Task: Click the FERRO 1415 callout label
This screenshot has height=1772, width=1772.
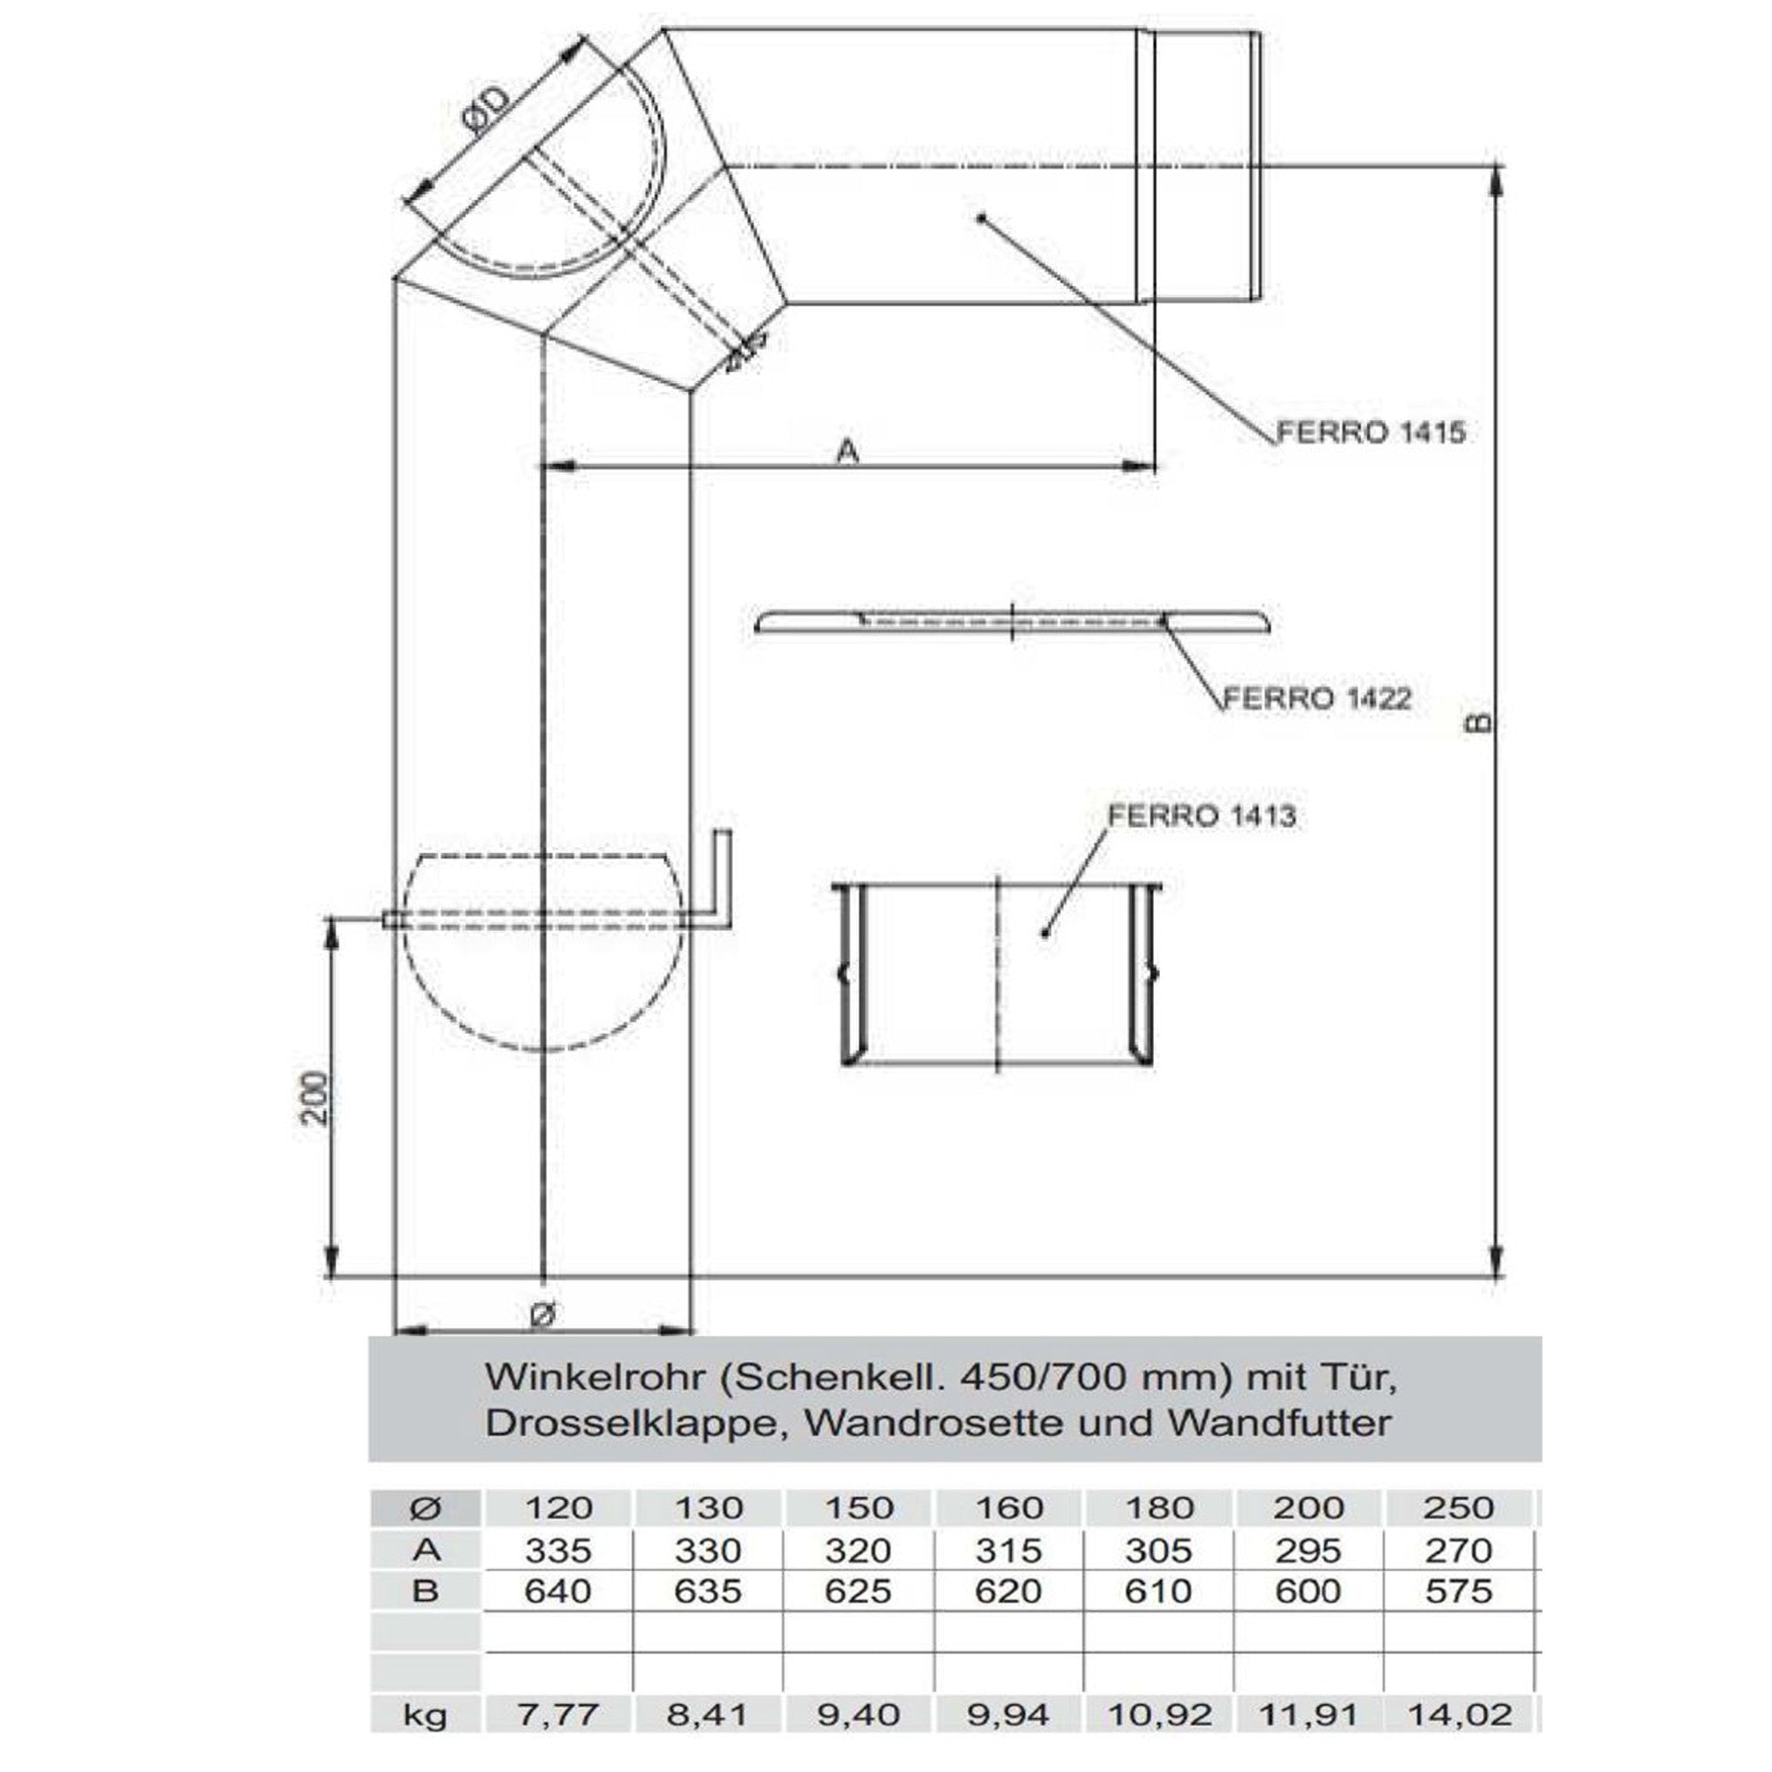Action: (x=1372, y=432)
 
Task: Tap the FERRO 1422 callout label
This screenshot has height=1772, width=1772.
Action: (x=1317, y=699)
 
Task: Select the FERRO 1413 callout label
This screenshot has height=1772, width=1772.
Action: (x=1201, y=815)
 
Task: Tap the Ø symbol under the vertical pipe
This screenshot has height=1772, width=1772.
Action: (x=543, y=1314)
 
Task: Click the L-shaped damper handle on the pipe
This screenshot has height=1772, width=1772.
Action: (x=724, y=882)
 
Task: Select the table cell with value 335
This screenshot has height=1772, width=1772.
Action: (x=557, y=1550)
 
